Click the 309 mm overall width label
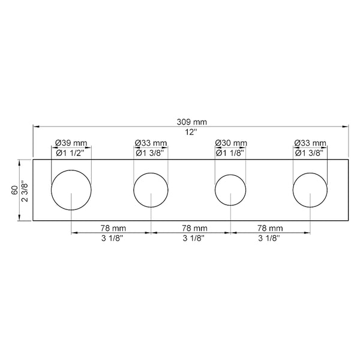pyautogui.click(x=191, y=122)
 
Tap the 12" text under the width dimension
pyautogui.click(x=191, y=132)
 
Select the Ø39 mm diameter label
pyautogui.click(x=71, y=143)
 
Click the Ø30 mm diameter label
pyautogui.click(x=231, y=143)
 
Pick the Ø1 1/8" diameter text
pyautogui.click(x=231, y=152)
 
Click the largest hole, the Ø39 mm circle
pyautogui.click(x=71, y=189)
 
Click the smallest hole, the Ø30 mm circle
pyautogui.click(x=231, y=190)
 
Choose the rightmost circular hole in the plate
pyautogui.click(x=310, y=190)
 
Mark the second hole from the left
pyautogui.click(x=151, y=190)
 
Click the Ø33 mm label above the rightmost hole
pyautogui.click(x=310, y=143)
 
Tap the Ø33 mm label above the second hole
pyautogui.click(x=151, y=143)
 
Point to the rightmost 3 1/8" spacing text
pyautogui.click(x=269, y=238)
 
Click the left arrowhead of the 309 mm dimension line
pyautogui.click(x=36, y=127)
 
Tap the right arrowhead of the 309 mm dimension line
pyautogui.click(x=346, y=127)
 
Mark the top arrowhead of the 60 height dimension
pyautogui.click(x=19, y=162)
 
